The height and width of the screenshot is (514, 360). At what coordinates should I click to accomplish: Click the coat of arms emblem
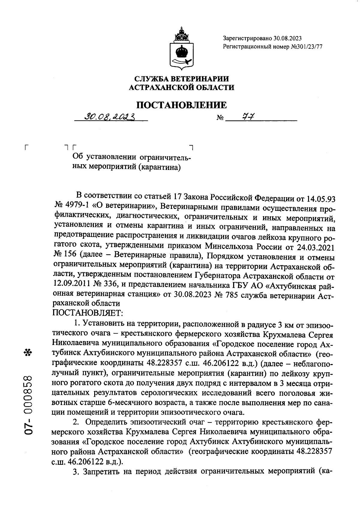pos(181,48)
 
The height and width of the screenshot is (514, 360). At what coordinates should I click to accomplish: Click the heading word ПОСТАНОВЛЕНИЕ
pos(181,105)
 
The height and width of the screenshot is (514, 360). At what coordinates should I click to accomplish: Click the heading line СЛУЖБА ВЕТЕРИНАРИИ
pos(181,79)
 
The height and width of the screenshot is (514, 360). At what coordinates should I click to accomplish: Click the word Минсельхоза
pos(226,247)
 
